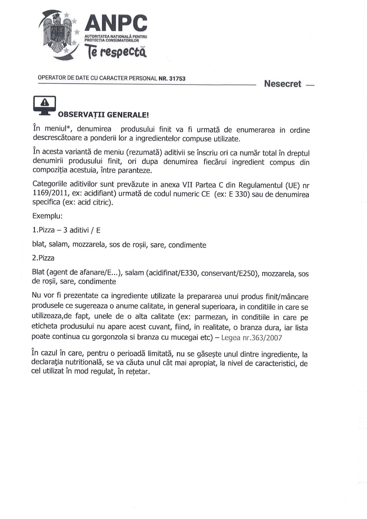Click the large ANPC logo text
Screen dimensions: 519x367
pos(116,23)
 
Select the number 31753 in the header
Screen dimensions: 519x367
pos(177,78)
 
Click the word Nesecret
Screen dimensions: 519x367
pos(283,84)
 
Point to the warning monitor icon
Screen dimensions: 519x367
pos(44,105)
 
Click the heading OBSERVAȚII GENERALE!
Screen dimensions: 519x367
pos(103,115)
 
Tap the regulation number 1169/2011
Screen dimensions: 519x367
pos(48,194)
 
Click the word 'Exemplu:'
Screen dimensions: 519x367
pos(47,216)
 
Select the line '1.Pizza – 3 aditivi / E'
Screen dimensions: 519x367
pos(67,230)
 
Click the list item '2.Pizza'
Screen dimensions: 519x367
pos(43,258)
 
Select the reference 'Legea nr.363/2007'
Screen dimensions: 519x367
pos(251,338)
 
